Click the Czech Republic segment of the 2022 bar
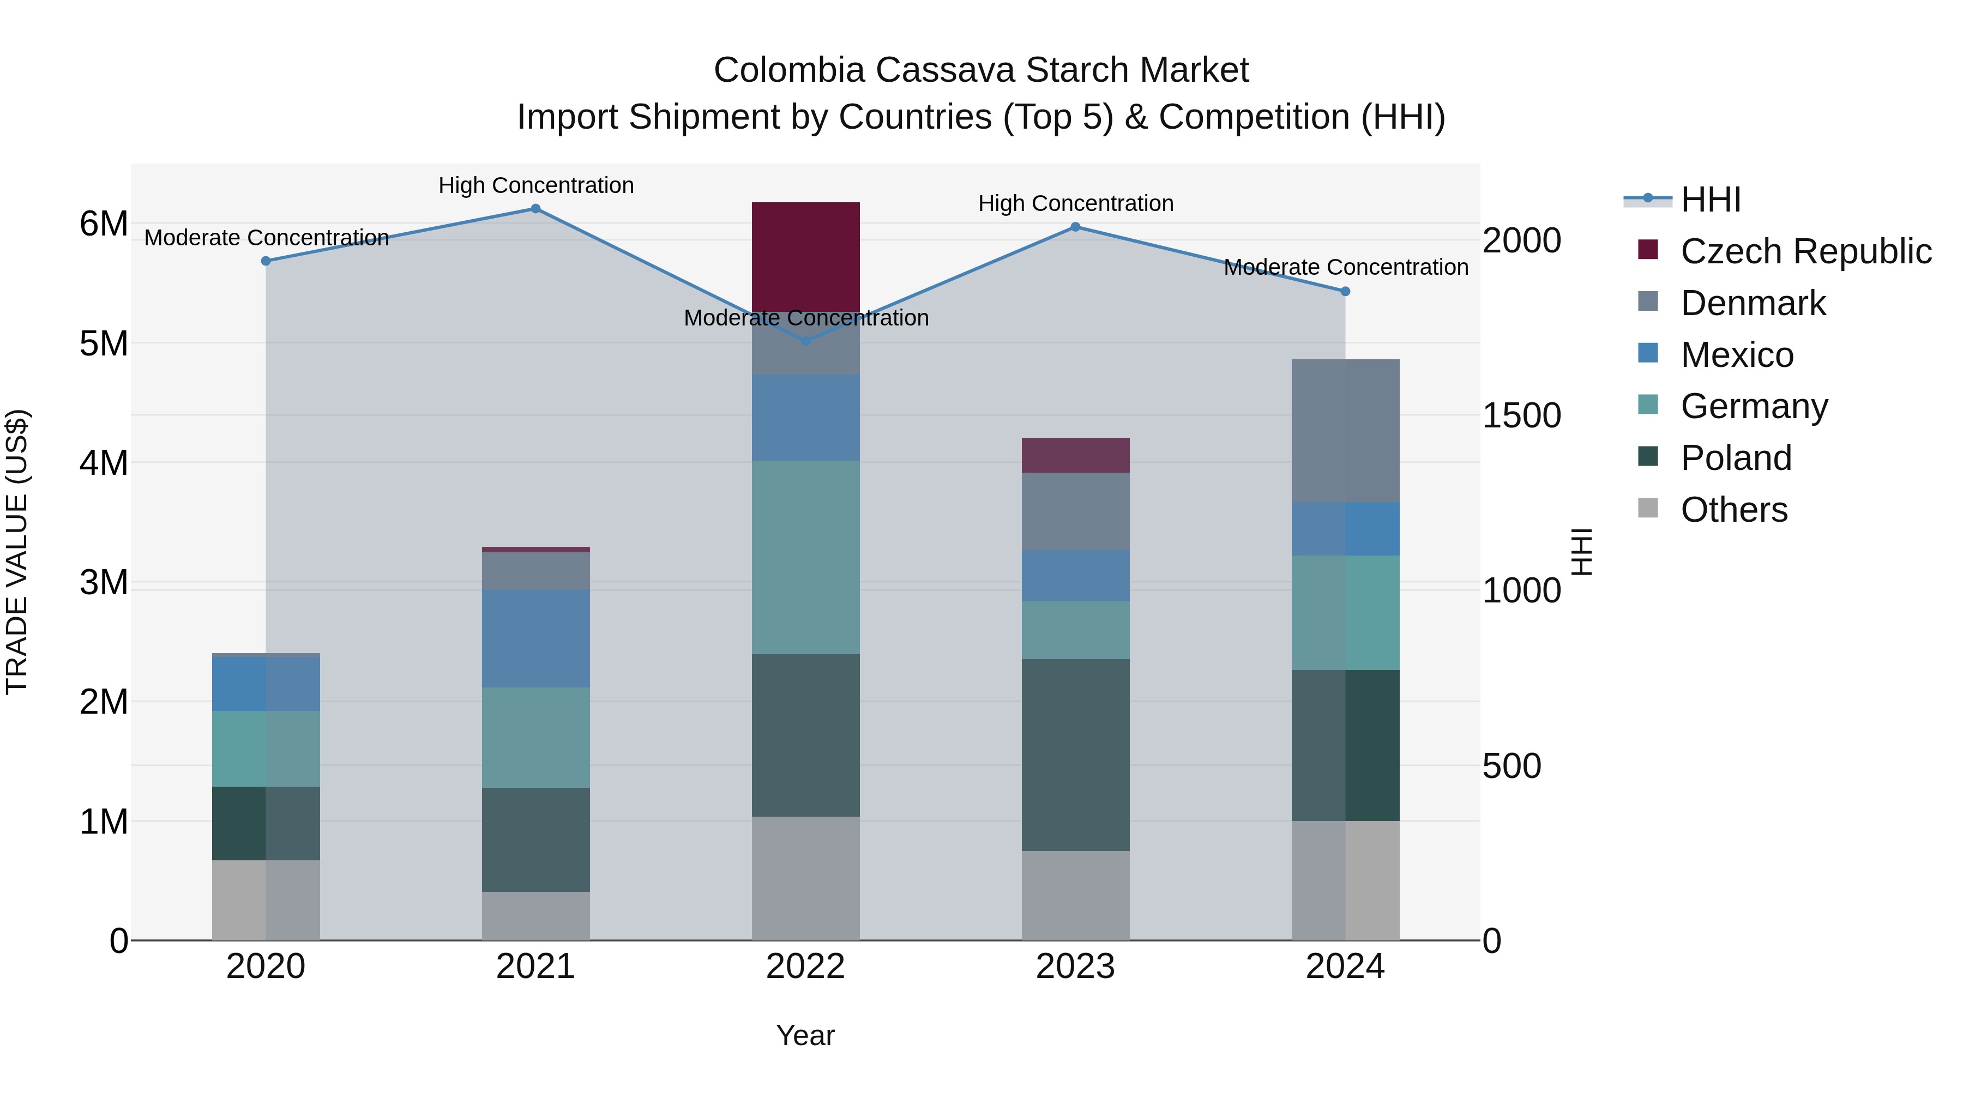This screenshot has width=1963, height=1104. click(x=805, y=256)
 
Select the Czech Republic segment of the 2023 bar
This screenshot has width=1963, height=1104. click(x=1075, y=455)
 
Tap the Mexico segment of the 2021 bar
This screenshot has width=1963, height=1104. click(x=535, y=638)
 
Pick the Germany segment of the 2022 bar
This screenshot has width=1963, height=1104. click(x=805, y=557)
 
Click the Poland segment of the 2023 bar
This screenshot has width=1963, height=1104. click(x=1075, y=755)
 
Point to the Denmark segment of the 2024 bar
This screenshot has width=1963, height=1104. click(x=1345, y=431)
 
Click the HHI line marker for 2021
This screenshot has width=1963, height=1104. click(x=535, y=209)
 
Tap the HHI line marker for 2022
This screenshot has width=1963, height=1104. click(x=805, y=341)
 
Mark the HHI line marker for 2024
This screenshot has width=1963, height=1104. click(x=1345, y=291)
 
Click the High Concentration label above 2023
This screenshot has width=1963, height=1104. click(x=1075, y=203)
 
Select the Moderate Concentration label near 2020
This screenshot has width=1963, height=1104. click(x=266, y=238)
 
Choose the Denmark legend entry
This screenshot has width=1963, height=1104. click(x=1753, y=303)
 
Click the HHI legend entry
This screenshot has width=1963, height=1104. click(x=1711, y=200)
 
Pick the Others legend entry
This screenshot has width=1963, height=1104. click(x=1733, y=510)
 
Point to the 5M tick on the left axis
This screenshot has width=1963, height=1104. click(x=104, y=343)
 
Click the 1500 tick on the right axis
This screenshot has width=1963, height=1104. click(x=1521, y=416)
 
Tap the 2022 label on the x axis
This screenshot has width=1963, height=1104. click(x=805, y=967)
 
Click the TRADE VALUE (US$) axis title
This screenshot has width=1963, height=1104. click(x=17, y=552)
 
